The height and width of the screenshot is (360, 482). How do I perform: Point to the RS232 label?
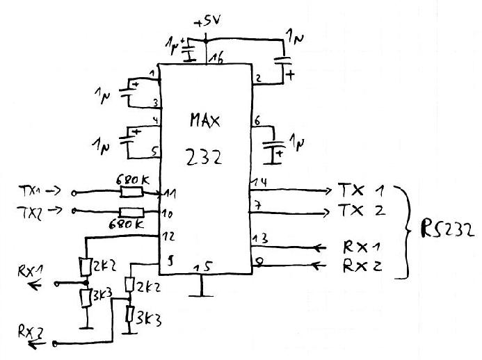(447, 230)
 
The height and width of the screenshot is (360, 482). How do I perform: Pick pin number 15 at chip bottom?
(203, 266)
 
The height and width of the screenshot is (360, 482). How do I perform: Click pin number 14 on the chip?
(260, 182)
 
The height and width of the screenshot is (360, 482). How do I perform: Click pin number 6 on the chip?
(257, 122)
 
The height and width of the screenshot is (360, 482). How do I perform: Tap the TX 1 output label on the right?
(360, 190)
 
